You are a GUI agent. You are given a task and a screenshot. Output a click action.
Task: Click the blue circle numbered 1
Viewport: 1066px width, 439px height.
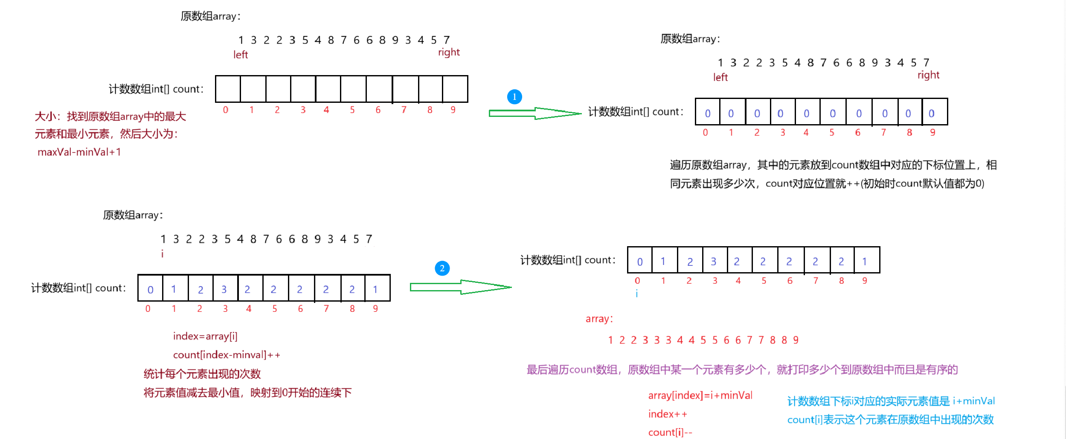514,97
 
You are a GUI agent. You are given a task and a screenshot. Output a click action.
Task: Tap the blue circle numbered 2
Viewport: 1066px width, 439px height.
442,268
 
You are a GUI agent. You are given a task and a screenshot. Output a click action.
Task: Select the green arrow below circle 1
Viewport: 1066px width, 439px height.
534,113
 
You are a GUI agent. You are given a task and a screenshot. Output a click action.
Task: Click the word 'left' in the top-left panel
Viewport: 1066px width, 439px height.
241,55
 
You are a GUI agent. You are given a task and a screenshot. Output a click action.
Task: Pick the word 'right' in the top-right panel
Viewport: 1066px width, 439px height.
928,75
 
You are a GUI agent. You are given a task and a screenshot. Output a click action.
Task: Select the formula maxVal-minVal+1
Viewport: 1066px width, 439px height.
79,152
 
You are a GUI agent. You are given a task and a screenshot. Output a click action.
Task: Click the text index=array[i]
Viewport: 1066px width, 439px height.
205,337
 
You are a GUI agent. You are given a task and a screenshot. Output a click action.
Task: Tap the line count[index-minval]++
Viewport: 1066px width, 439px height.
227,355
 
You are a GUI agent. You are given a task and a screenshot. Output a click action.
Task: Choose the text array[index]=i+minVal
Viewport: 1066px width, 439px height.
700,395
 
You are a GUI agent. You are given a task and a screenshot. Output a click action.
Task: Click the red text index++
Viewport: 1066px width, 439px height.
668,414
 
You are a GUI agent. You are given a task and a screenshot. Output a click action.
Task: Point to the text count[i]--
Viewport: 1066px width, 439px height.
670,433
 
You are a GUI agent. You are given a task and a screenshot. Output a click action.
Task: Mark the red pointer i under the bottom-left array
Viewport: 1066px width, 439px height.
162,254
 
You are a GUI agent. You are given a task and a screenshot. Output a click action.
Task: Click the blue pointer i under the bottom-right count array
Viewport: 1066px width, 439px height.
637,294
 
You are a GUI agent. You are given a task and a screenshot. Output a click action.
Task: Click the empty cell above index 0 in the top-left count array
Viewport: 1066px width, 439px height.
228,89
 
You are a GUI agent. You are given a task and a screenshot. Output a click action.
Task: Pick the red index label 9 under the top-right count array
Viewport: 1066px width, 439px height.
932,133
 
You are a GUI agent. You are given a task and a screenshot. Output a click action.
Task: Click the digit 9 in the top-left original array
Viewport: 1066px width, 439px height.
395,40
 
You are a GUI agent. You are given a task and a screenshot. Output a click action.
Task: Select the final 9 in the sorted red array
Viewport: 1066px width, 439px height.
796,340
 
